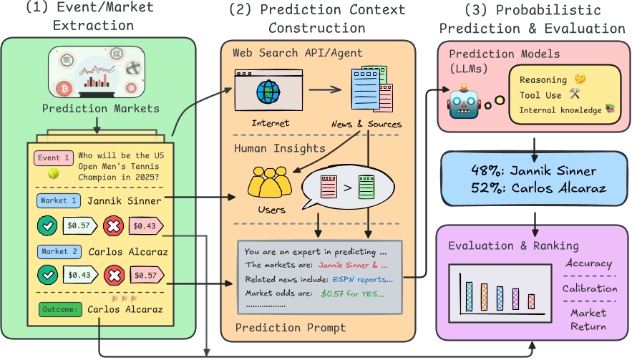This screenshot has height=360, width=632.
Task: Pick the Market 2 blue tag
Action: pyautogui.click(x=60, y=252)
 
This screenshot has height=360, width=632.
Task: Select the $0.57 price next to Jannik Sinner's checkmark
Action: pyautogui.click(x=78, y=225)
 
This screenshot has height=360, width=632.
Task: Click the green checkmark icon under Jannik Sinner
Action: pyautogui.click(x=48, y=225)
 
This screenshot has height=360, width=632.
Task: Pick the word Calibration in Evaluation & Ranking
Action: pyautogui.click(x=589, y=288)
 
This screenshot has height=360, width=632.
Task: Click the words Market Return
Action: pyautogui.click(x=589, y=319)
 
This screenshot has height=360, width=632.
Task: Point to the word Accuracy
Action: pyautogui.click(x=589, y=263)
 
